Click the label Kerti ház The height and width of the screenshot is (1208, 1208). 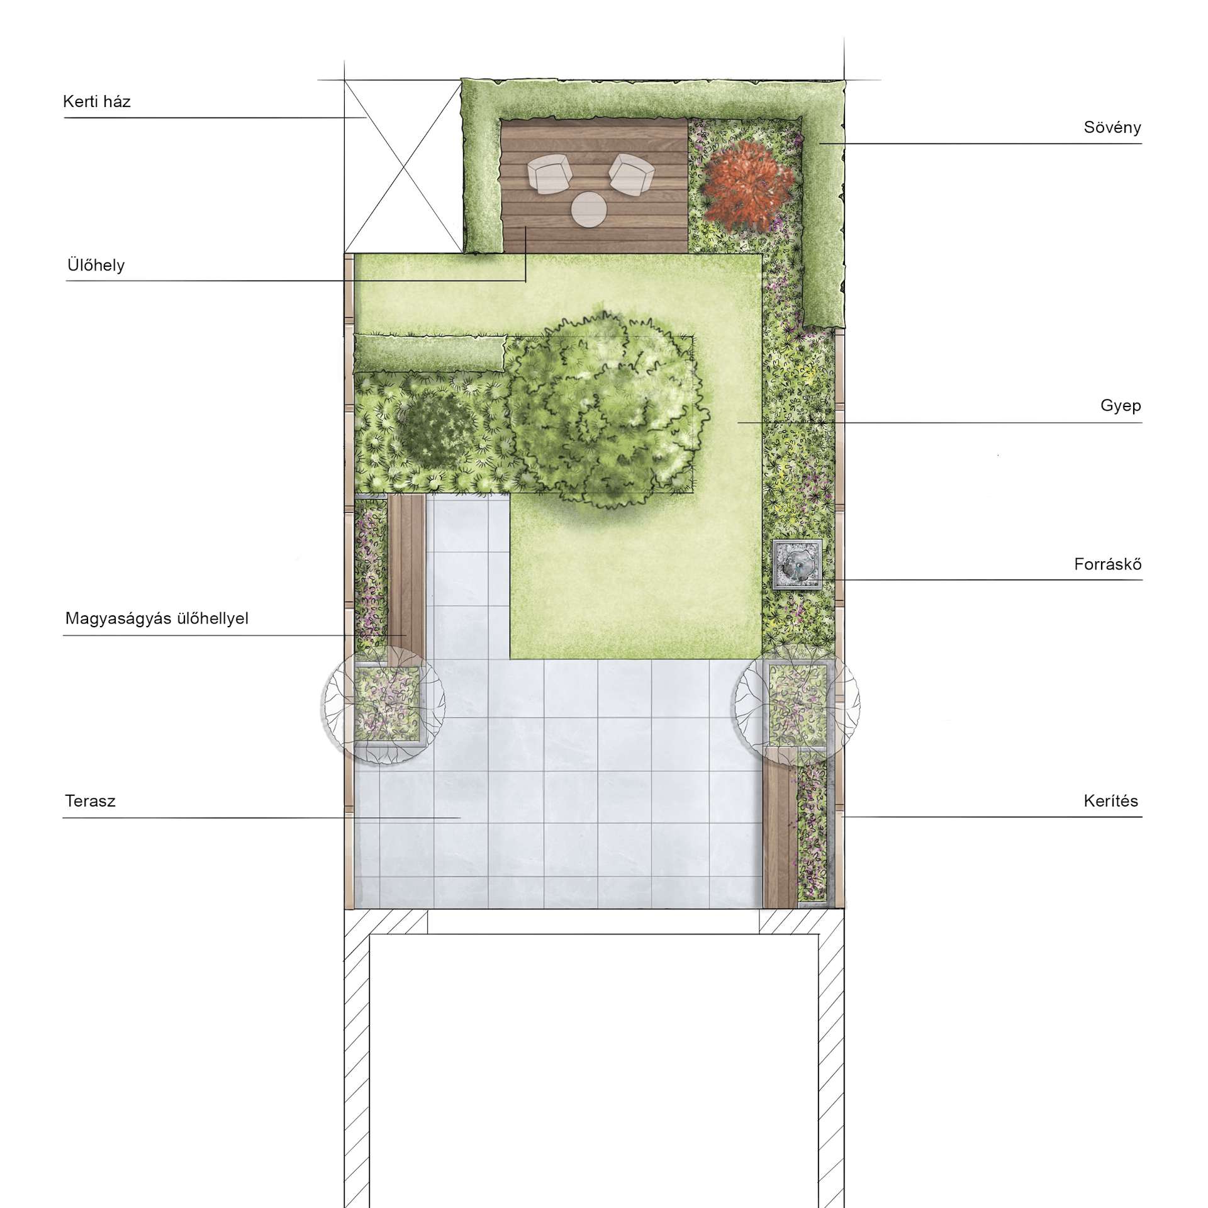tap(97, 101)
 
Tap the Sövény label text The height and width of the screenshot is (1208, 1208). tap(1112, 127)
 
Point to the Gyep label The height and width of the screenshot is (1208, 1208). tap(1121, 405)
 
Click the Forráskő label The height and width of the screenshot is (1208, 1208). tap(1107, 564)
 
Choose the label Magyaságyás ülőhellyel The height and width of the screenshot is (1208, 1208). tap(157, 618)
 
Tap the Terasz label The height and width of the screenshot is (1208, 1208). tap(90, 801)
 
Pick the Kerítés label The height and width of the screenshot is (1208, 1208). tap(1110, 801)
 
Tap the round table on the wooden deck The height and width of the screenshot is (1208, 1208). tap(589, 210)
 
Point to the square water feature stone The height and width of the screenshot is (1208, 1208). tap(797, 564)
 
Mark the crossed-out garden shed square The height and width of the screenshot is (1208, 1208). tap(403, 166)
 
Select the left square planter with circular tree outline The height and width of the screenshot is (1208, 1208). tap(386, 704)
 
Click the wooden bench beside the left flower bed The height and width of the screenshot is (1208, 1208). tap(406, 580)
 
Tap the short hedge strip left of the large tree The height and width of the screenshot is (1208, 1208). tap(430, 354)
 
